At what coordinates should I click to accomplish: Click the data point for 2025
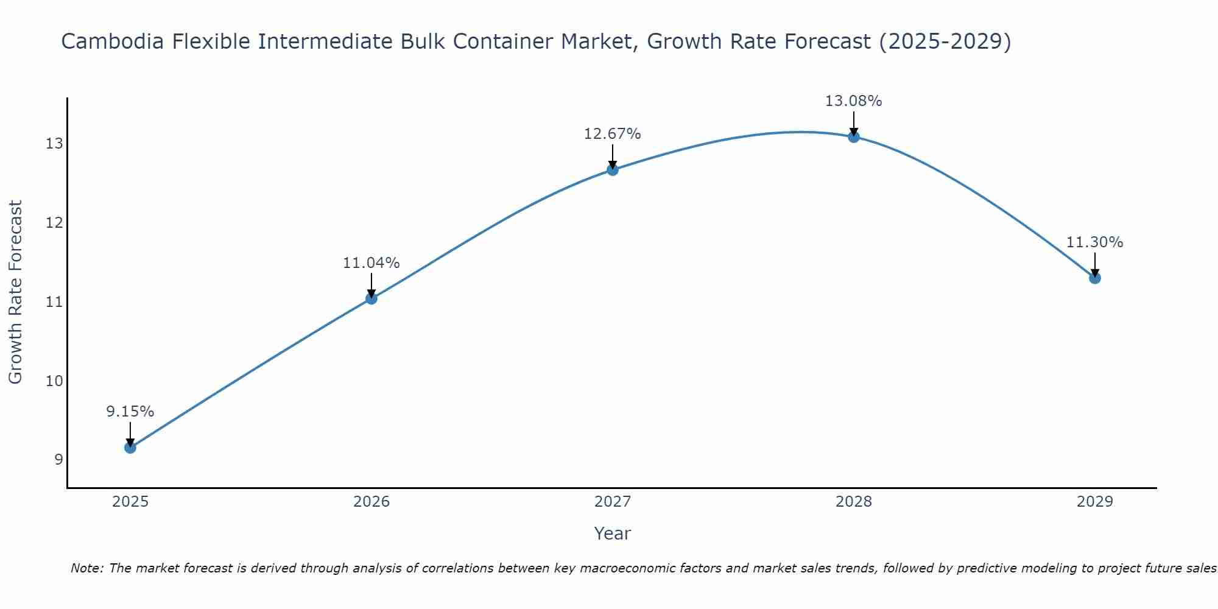(130, 448)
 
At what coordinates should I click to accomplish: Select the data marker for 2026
(371, 298)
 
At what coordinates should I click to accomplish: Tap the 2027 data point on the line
(613, 170)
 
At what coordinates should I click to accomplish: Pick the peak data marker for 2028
(854, 137)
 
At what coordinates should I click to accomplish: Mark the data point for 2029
(1095, 278)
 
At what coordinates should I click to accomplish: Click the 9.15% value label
(130, 412)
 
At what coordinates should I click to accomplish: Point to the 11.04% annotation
(371, 263)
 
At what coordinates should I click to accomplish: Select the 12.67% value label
(613, 134)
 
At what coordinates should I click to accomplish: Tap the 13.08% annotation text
(854, 101)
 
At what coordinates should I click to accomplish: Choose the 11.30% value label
(1095, 242)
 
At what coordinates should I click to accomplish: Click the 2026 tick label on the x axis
(371, 502)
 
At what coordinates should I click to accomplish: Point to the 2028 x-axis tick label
(854, 502)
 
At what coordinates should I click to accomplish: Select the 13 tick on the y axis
(54, 144)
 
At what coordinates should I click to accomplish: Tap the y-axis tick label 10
(54, 381)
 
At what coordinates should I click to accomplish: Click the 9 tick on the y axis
(58, 460)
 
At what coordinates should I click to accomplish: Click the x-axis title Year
(613, 533)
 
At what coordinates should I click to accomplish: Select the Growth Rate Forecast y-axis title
(15, 292)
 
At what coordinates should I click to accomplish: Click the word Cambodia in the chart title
(113, 41)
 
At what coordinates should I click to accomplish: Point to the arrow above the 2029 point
(1095, 265)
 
